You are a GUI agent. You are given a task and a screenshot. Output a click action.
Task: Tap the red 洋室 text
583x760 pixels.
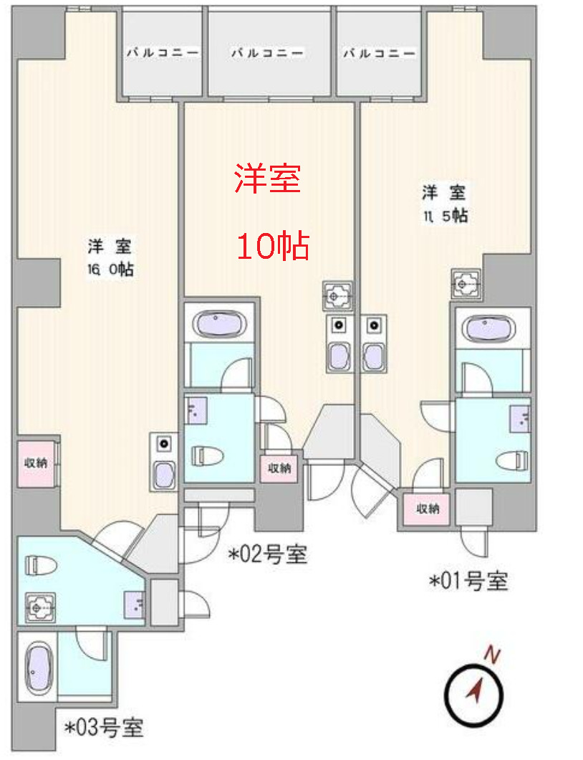pos(267,179)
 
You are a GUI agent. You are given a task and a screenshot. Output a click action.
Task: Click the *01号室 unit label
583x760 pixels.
pos(468,581)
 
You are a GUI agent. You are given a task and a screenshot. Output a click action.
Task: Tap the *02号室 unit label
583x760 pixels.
pos(268,554)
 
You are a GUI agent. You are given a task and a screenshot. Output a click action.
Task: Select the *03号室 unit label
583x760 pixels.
pos(104,728)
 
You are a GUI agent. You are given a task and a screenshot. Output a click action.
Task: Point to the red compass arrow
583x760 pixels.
pos(474,692)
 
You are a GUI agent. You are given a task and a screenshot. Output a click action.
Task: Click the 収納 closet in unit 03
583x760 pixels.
pos(36,463)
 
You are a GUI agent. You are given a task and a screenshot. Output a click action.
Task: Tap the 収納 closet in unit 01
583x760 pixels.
pos(428,509)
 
